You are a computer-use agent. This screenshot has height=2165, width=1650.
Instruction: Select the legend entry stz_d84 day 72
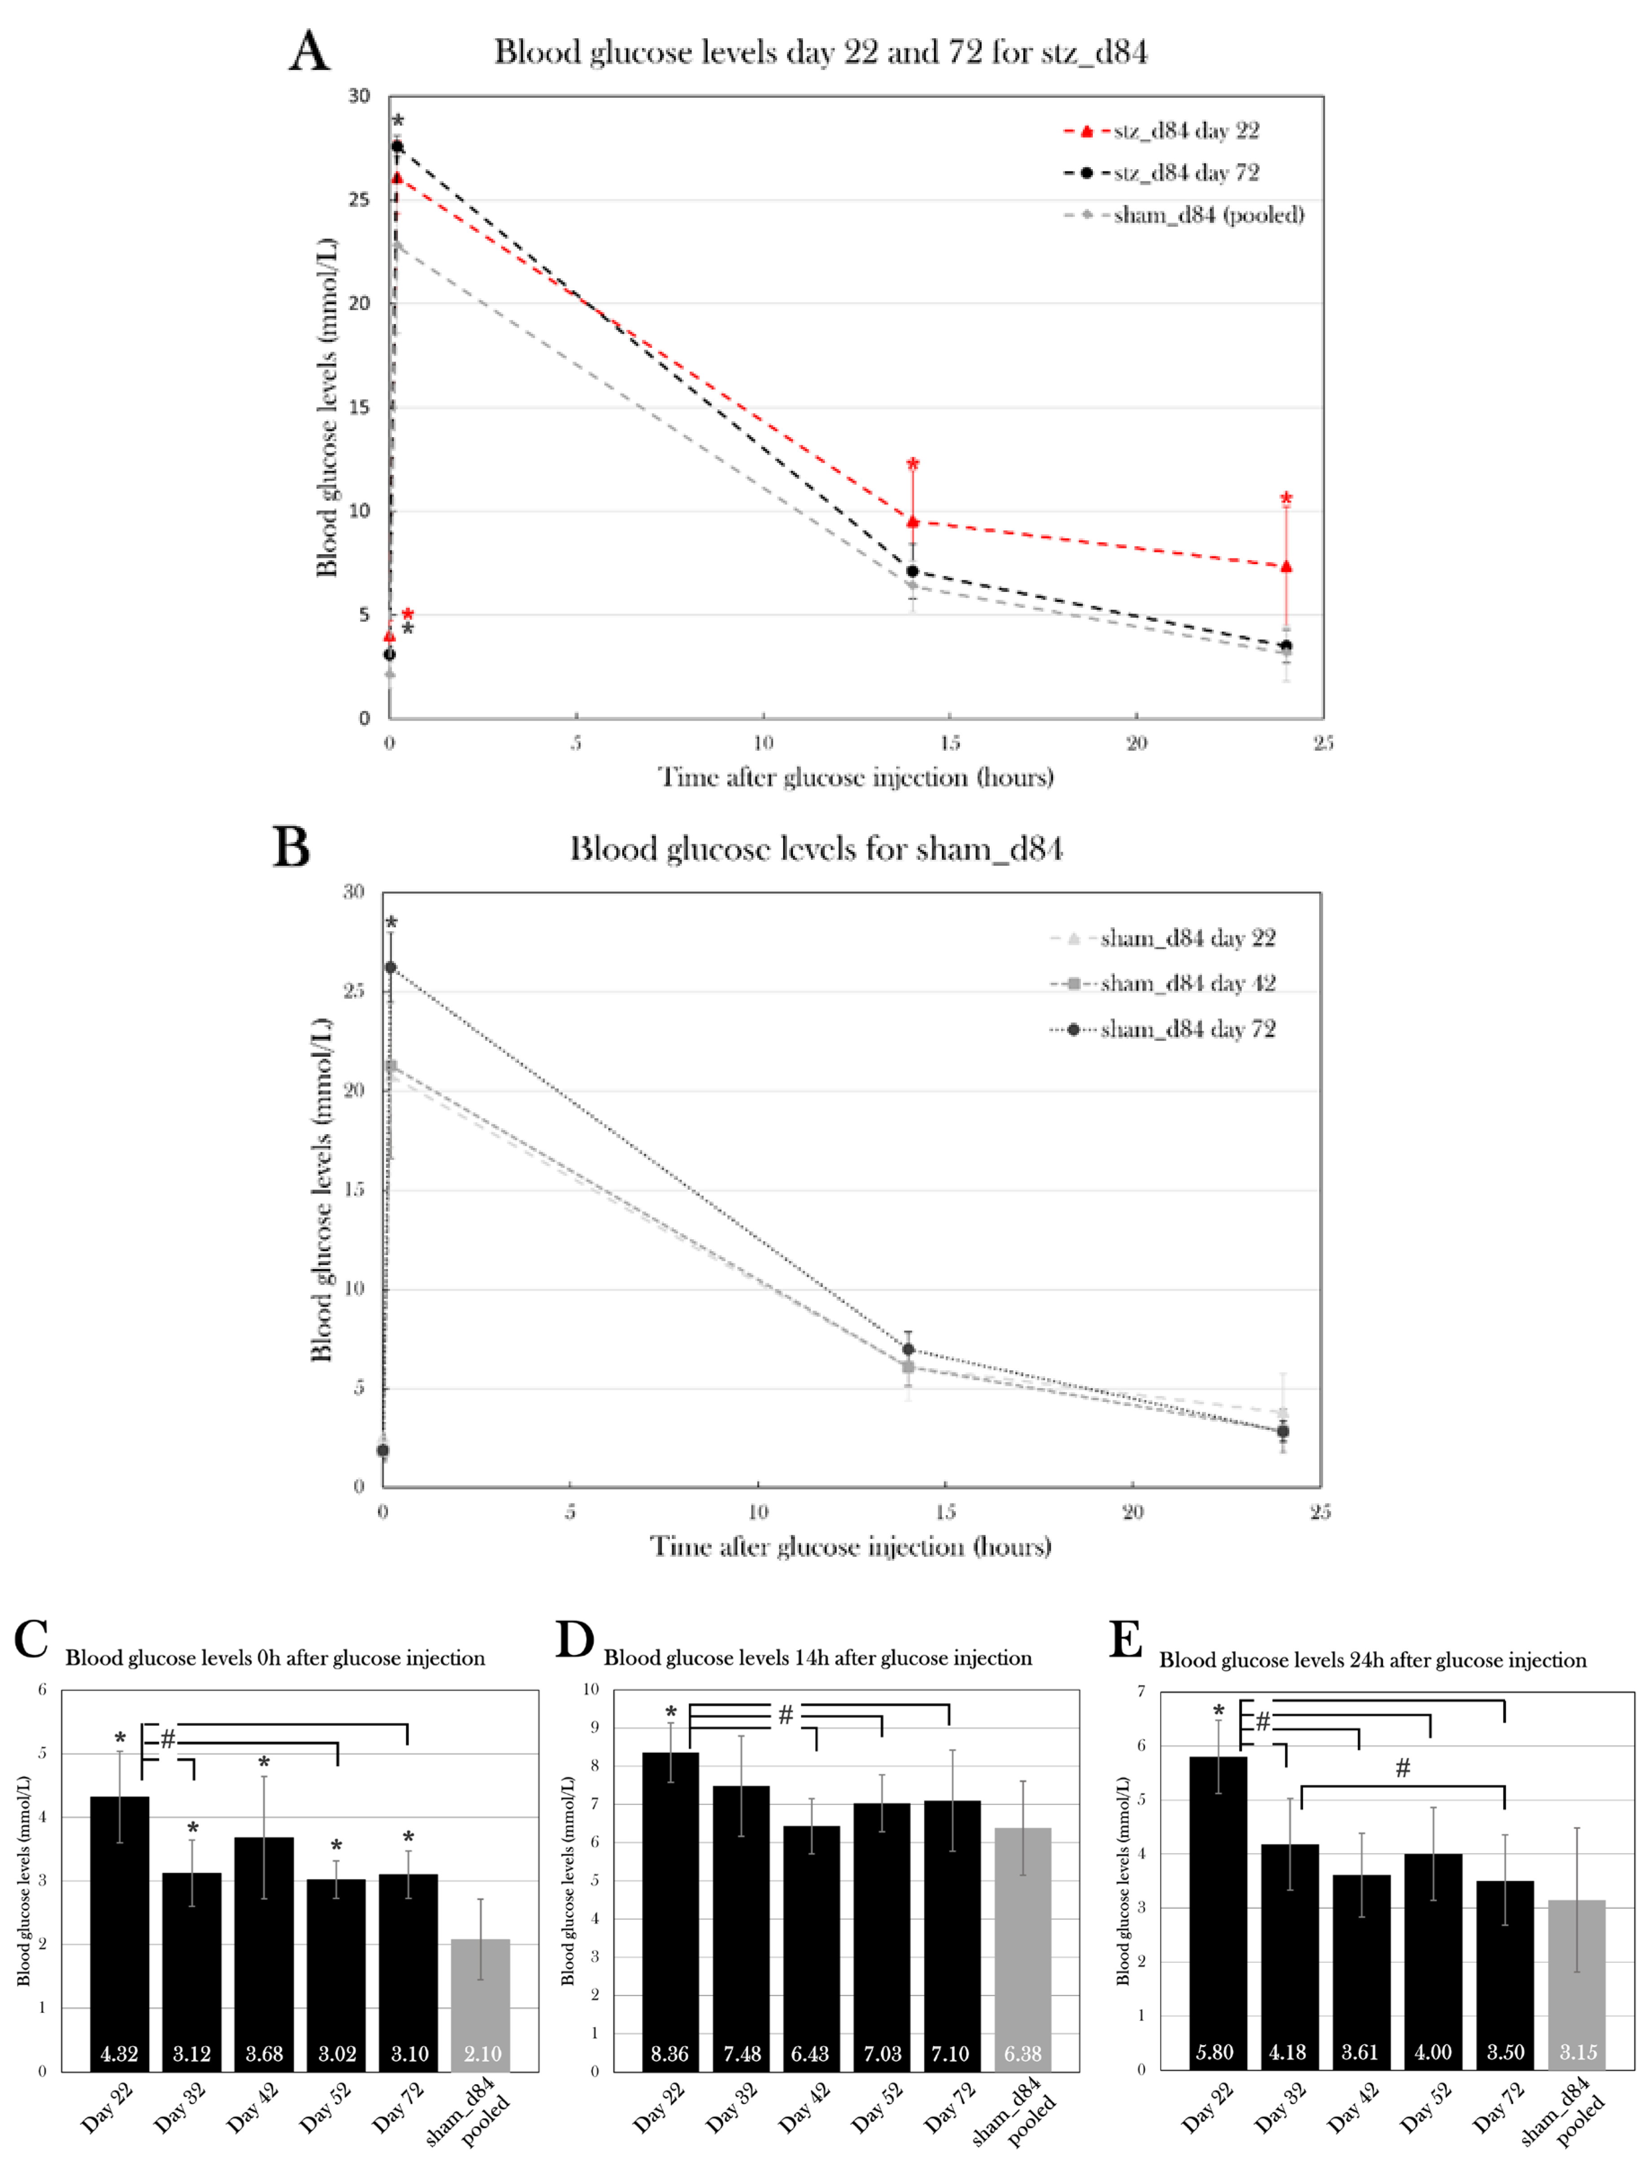pos(1185,173)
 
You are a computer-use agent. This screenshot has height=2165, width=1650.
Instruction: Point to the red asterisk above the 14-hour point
pos(912,465)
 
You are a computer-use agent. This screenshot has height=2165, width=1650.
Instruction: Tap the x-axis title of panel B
pos(850,1547)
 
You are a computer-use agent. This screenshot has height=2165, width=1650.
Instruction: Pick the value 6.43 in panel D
pos(810,2053)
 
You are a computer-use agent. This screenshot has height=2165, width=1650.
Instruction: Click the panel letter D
pos(575,1640)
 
